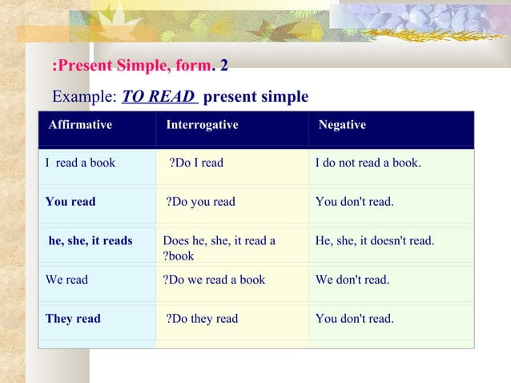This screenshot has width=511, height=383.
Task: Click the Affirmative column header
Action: click(x=80, y=125)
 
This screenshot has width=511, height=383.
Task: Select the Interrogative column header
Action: click(x=202, y=125)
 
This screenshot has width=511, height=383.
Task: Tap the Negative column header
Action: click(x=342, y=125)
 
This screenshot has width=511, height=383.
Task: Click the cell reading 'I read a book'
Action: click(x=80, y=163)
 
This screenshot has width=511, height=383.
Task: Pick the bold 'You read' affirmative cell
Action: click(x=70, y=202)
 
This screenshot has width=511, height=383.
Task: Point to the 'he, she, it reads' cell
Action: click(x=91, y=240)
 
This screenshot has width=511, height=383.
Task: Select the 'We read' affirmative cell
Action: click(x=67, y=280)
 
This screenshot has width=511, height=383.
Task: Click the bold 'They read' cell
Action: click(x=73, y=319)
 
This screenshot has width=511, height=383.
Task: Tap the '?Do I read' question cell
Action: click(x=196, y=163)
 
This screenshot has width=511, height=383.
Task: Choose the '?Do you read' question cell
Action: click(x=201, y=202)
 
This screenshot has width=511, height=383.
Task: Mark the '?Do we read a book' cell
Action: click(x=214, y=280)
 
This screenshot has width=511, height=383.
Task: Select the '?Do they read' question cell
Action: click(x=202, y=319)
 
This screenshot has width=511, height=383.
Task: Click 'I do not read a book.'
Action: click(x=368, y=163)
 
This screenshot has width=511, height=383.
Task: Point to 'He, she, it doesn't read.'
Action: click(x=375, y=240)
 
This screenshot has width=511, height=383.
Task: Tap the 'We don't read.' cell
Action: click(x=352, y=280)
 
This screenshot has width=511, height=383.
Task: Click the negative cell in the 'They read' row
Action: click(x=355, y=319)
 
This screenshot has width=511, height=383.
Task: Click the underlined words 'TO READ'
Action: click(x=158, y=97)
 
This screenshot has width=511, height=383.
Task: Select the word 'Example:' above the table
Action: click(x=83, y=97)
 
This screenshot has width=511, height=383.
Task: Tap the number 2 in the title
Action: click(x=224, y=64)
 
